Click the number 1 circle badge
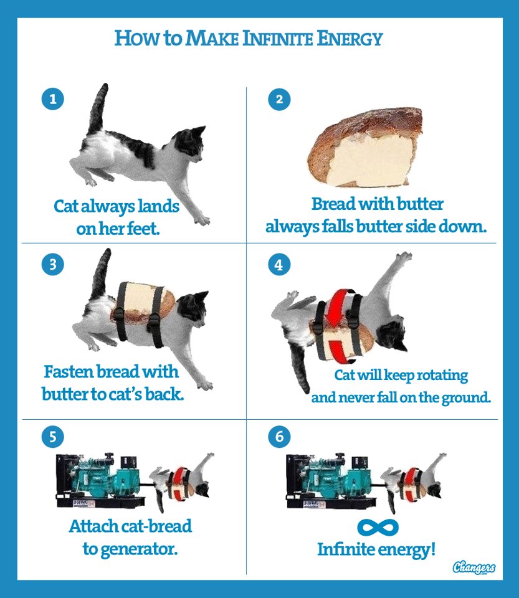(x=52, y=99)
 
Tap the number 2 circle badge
(x=279, y=99)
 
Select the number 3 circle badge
(x=52, y=264)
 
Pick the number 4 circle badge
(x=279, y=264)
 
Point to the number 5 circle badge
(x=52, y=436)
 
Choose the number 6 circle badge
(x=279, y=436)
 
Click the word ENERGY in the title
(x=350, y=39)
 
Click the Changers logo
(x=474, y=567)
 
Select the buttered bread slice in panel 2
(x=365, y=148)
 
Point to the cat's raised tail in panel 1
(x=97, y=108)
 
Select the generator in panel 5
(x=100, y=481)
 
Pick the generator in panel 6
(x=330, y=481)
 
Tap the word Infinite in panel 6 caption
(x=346, y=549)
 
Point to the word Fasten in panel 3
(x=68, y=371)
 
